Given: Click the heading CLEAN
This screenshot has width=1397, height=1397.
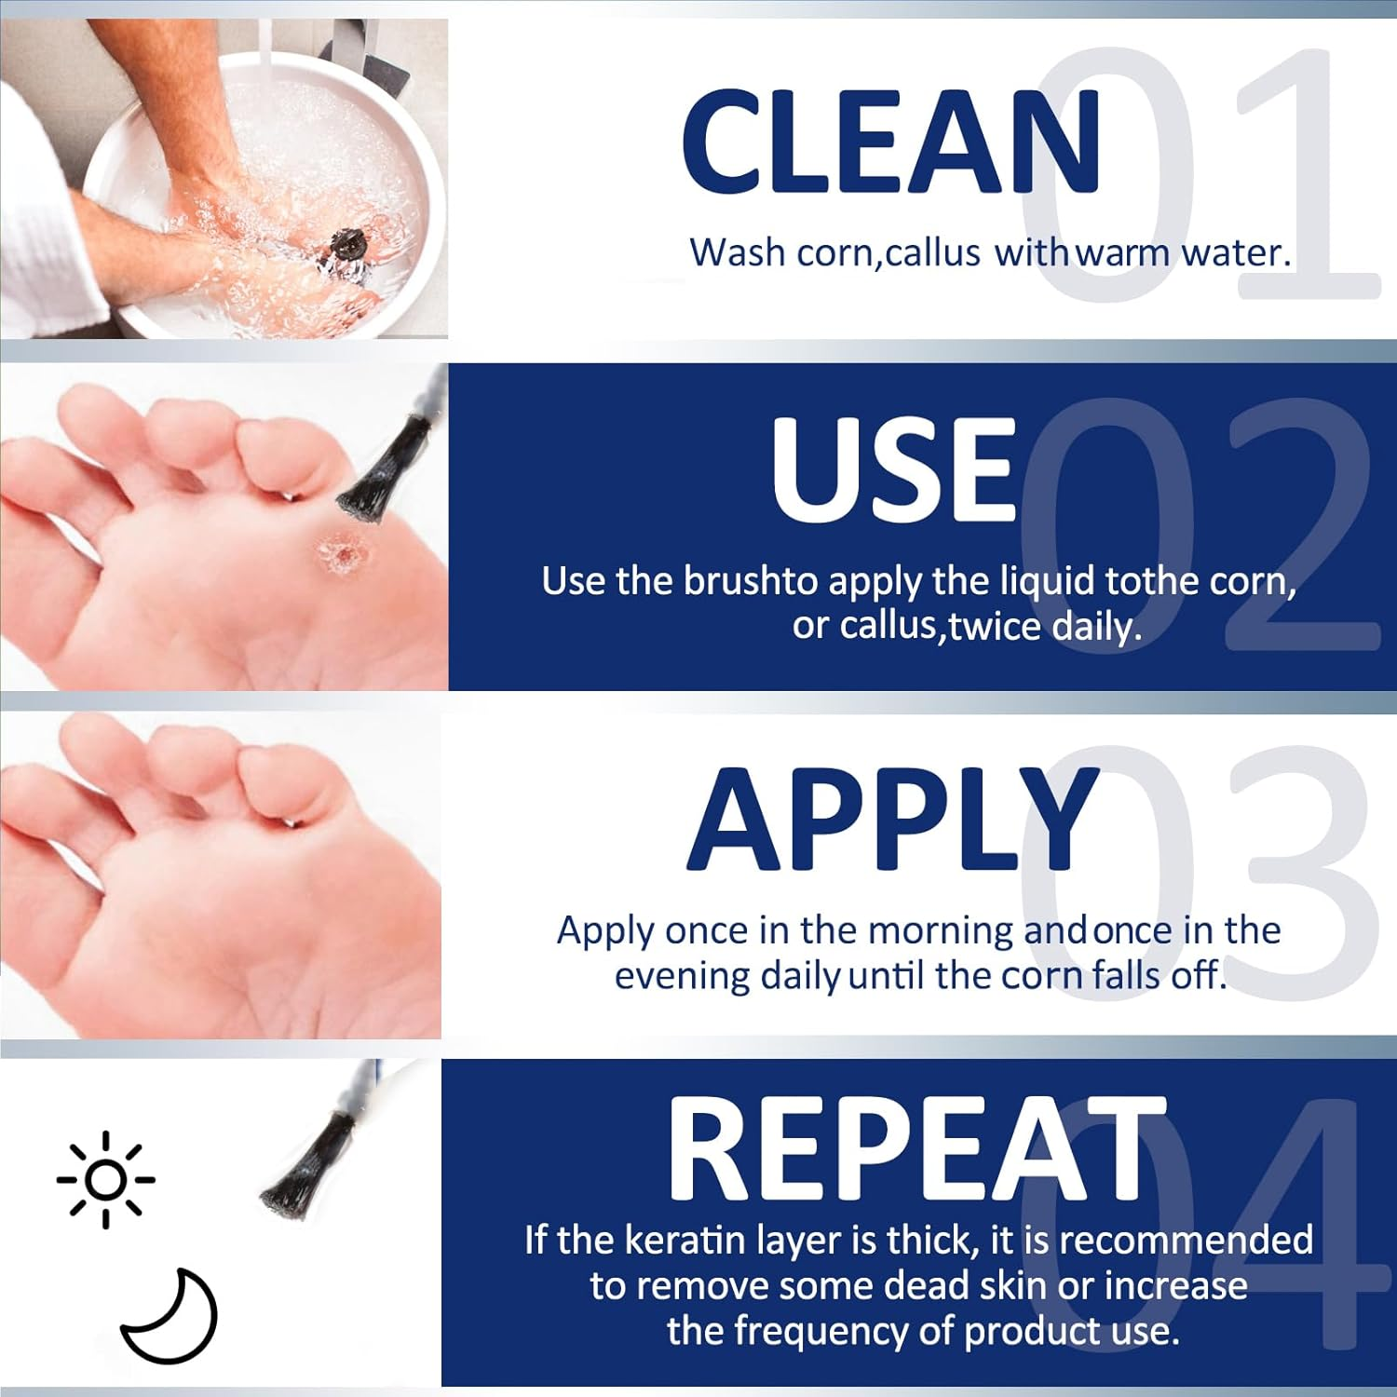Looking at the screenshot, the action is [892, 142].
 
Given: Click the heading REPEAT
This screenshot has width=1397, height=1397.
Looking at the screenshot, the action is [916, 1147].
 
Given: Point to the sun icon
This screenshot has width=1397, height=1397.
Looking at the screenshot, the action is [105, 1179].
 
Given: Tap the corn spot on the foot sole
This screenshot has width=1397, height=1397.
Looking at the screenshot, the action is [341, 553].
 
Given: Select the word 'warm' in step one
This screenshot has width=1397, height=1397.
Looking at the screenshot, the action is [1123, 253].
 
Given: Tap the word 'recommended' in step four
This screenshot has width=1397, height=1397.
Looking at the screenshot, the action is [1187, 1241].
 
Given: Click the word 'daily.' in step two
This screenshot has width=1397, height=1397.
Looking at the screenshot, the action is [1097, 627].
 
